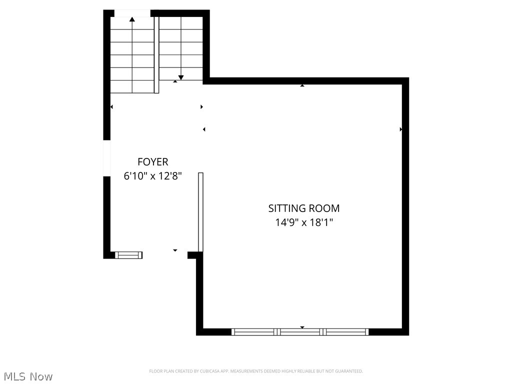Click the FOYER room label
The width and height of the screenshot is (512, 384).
point(152,162)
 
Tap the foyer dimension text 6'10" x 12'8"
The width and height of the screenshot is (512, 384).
point(152,176)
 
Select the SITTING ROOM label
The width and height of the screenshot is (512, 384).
point(304,208)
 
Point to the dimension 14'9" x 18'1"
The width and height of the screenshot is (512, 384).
point(304,222)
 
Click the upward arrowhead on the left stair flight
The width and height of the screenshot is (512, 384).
point(132,19)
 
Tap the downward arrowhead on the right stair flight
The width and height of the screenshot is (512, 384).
point(181,77)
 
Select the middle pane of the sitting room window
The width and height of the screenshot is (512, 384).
point(300,331)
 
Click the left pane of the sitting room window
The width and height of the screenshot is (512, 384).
point(254,331)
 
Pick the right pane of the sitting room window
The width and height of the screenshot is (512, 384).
point(346,331)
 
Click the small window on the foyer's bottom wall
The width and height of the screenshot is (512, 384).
point(129,255)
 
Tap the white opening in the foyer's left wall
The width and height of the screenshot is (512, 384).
point(106,158)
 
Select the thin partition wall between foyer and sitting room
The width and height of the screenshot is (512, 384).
point(200,211)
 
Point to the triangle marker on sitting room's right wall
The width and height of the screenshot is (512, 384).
point(401,129)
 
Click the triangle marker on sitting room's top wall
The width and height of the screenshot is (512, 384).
point(302,85)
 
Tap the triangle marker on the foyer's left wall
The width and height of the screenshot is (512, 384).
point(111,107)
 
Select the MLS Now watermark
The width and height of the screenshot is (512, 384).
point(27,376)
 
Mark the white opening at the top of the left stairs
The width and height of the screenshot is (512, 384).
point(132,13)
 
